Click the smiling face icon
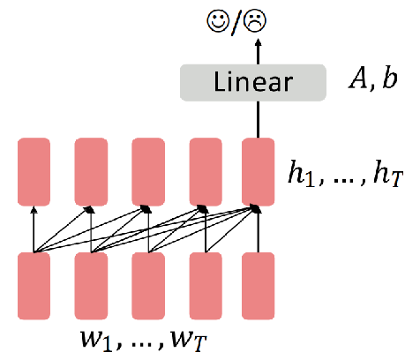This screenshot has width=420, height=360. tap(218, 20)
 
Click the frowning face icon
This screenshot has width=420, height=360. tap(256, 20)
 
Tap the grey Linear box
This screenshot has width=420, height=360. tap(253, 83)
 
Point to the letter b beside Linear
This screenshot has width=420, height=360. tap(390, 78)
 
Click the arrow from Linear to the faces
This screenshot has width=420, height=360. tap(258, 51)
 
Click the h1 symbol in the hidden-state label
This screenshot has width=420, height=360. tap(302, 173)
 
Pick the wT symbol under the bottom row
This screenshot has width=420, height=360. tap(189, 341)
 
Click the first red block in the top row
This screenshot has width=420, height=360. tap(34, 172)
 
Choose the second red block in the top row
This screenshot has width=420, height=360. tap(91, 172)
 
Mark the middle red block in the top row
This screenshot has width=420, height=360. tap(148, 172)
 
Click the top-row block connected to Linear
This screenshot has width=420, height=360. tap(259, 172)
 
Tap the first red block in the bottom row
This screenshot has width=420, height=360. tap(34, 286)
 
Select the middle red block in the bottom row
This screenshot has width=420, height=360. tap(148, 286)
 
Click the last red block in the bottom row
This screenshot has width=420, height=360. tap(259, 286)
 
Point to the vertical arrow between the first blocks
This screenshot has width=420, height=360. tap(34, 229)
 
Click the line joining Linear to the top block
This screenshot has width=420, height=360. tap(259, 120)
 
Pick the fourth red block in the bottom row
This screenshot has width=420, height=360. tap(206, 286)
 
